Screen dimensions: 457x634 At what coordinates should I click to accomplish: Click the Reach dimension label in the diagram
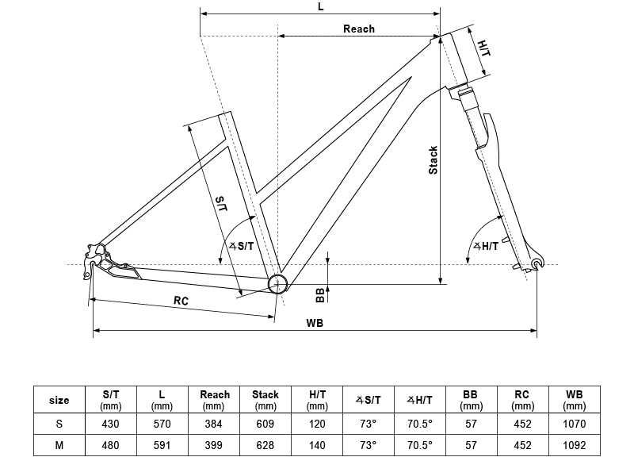click(x=358, y=29)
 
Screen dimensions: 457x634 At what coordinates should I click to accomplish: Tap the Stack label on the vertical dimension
click(x=433, y=161)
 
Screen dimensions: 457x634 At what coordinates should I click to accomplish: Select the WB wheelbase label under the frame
click(x=315, y=324)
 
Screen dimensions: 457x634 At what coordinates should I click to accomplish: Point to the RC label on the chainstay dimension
click(x=181, y=300)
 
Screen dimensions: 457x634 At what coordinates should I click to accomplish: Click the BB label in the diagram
click(x=320, y=294)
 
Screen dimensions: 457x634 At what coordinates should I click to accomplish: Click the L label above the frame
click(x=320, y=6)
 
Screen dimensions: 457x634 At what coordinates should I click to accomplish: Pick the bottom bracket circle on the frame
click(x=277, y=283)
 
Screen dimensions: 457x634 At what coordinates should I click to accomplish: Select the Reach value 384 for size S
click(x=215, y=424)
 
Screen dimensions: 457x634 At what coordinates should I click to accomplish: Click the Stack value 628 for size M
click(x=265, y=445)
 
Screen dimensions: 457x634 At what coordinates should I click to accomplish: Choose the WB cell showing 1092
click(x=575, y=445)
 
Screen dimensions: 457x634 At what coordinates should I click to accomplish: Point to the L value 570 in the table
click(x=163, y=424)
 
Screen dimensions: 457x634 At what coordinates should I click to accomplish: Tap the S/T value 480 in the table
click(x=112, y=445)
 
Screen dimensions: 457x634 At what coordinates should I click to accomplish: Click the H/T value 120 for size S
click(x=317, y=424)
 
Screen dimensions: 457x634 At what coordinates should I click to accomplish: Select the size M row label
click(x=59, y=445)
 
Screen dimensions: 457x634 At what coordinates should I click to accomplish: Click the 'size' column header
click(x=59, y=400)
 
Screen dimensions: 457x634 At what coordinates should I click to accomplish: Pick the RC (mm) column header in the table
click(x=521, y=400)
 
